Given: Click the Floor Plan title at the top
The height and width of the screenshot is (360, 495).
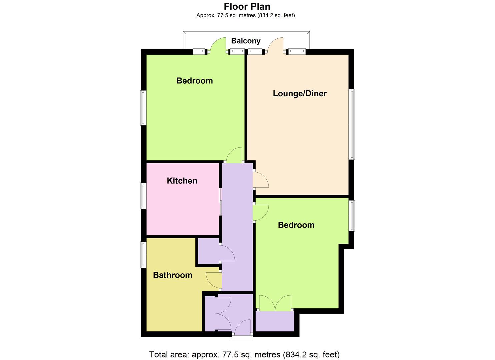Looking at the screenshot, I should click(247, 6).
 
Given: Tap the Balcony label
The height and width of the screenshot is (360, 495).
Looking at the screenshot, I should click(246, 41).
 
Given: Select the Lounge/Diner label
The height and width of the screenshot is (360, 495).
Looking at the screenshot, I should click(300, 94).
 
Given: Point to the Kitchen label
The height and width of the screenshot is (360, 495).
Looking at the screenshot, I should click(182, 181).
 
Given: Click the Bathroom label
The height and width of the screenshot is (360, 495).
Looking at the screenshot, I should click(173, 275).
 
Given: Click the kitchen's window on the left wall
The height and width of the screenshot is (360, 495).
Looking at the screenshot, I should click(143, 196).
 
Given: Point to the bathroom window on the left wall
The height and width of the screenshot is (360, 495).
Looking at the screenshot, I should click(143, 255).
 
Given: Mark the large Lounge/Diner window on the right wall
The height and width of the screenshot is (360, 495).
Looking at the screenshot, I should click(352, 124).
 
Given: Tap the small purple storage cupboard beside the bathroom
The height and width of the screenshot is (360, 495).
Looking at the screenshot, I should click(208, 252).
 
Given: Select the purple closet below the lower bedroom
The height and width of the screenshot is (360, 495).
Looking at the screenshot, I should click(275, 321).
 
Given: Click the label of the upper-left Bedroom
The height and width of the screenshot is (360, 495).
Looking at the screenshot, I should click(195, 81).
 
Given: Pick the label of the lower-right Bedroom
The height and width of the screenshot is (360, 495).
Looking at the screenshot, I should click(296, 225).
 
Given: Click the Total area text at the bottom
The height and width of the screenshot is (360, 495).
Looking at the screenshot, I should click(244, 354).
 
